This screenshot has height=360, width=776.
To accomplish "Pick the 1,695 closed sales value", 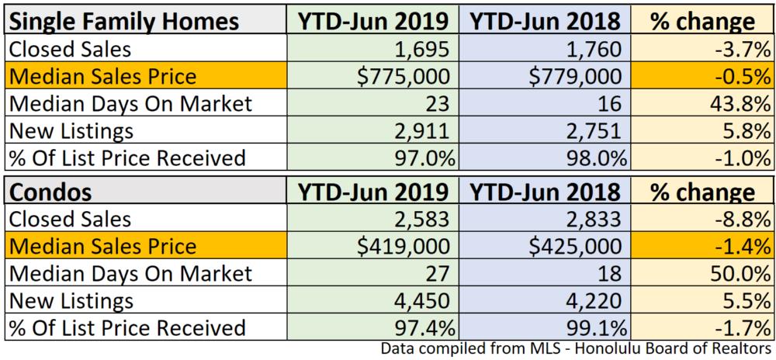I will click(423, 49).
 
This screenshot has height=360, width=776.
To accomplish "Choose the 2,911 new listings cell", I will click(423, 130).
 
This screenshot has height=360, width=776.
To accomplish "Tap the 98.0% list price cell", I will click(594, 158).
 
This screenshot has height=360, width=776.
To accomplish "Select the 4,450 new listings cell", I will click(423, 300).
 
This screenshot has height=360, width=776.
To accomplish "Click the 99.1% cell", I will click(594, 327).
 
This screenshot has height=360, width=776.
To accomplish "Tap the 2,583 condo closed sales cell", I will click(423, 219).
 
